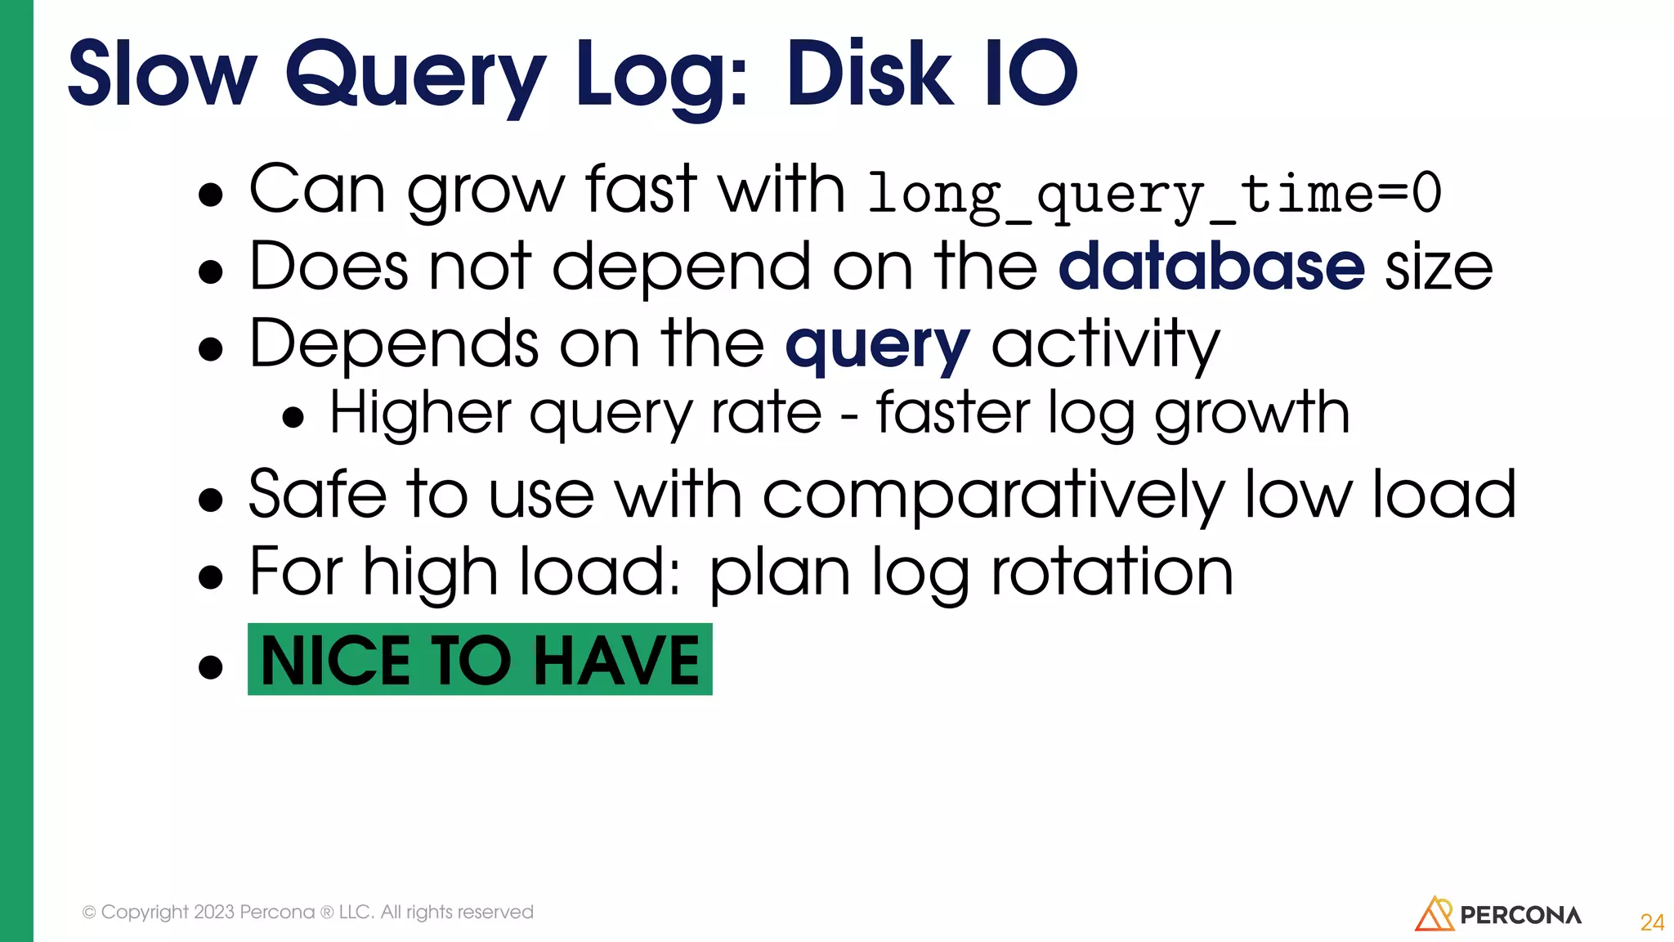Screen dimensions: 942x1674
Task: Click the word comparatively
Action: tap(992, 496)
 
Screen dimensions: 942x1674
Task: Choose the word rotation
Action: tap(1112, 572)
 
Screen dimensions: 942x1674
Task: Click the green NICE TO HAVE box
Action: tap(480, 660)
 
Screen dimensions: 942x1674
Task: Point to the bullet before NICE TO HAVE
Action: tap(211, 666)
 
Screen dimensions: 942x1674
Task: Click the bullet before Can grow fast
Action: tap(211, 195)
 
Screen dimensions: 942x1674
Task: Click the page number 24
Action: tap(1652, 922)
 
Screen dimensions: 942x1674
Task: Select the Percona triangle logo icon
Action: tap(1434, 914)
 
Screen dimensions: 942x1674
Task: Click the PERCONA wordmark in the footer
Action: tap(1520, 915)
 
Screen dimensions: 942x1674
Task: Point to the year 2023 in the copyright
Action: tap(214, 912)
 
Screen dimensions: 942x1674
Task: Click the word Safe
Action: tap(317, 496)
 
